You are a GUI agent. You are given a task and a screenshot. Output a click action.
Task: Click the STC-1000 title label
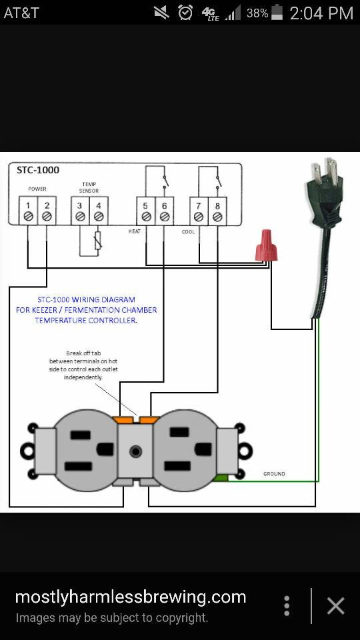(x=38, y=170)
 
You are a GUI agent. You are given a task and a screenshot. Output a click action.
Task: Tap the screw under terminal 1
(x=28, y=216)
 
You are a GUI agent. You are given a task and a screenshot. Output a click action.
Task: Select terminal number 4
(x=99, y=206)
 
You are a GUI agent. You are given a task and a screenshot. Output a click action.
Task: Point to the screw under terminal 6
(x=165, y=217)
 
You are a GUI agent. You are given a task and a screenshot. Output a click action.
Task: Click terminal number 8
(x=217, y=206)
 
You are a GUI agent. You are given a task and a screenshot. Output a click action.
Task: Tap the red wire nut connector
(x=266, y=246)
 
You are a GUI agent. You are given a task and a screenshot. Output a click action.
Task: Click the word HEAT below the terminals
(x=134, y=231)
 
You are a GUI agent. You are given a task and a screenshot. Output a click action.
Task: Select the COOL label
(x=188, y=232)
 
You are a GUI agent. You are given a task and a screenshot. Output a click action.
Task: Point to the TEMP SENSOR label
(x=89, y=187)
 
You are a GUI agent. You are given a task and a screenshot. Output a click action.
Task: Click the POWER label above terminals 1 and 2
(x=37, y=189)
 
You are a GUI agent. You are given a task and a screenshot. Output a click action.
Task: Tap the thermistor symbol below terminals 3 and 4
(x=97, y=241)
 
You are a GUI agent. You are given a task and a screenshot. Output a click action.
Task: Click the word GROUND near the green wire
(x=274, y=474)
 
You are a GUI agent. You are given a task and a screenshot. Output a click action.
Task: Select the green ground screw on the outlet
(x=221, y=478)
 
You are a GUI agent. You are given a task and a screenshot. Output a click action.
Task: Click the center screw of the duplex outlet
(x=135, y=451)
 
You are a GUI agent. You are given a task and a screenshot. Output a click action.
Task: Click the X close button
(x=336, y=606)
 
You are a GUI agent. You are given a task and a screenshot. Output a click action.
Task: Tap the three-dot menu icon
(x=287, y=606)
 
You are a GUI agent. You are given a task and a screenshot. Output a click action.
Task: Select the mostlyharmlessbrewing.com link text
(x=131, y=597)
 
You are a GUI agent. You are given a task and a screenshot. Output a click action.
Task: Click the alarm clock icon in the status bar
(x=185, y=12)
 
